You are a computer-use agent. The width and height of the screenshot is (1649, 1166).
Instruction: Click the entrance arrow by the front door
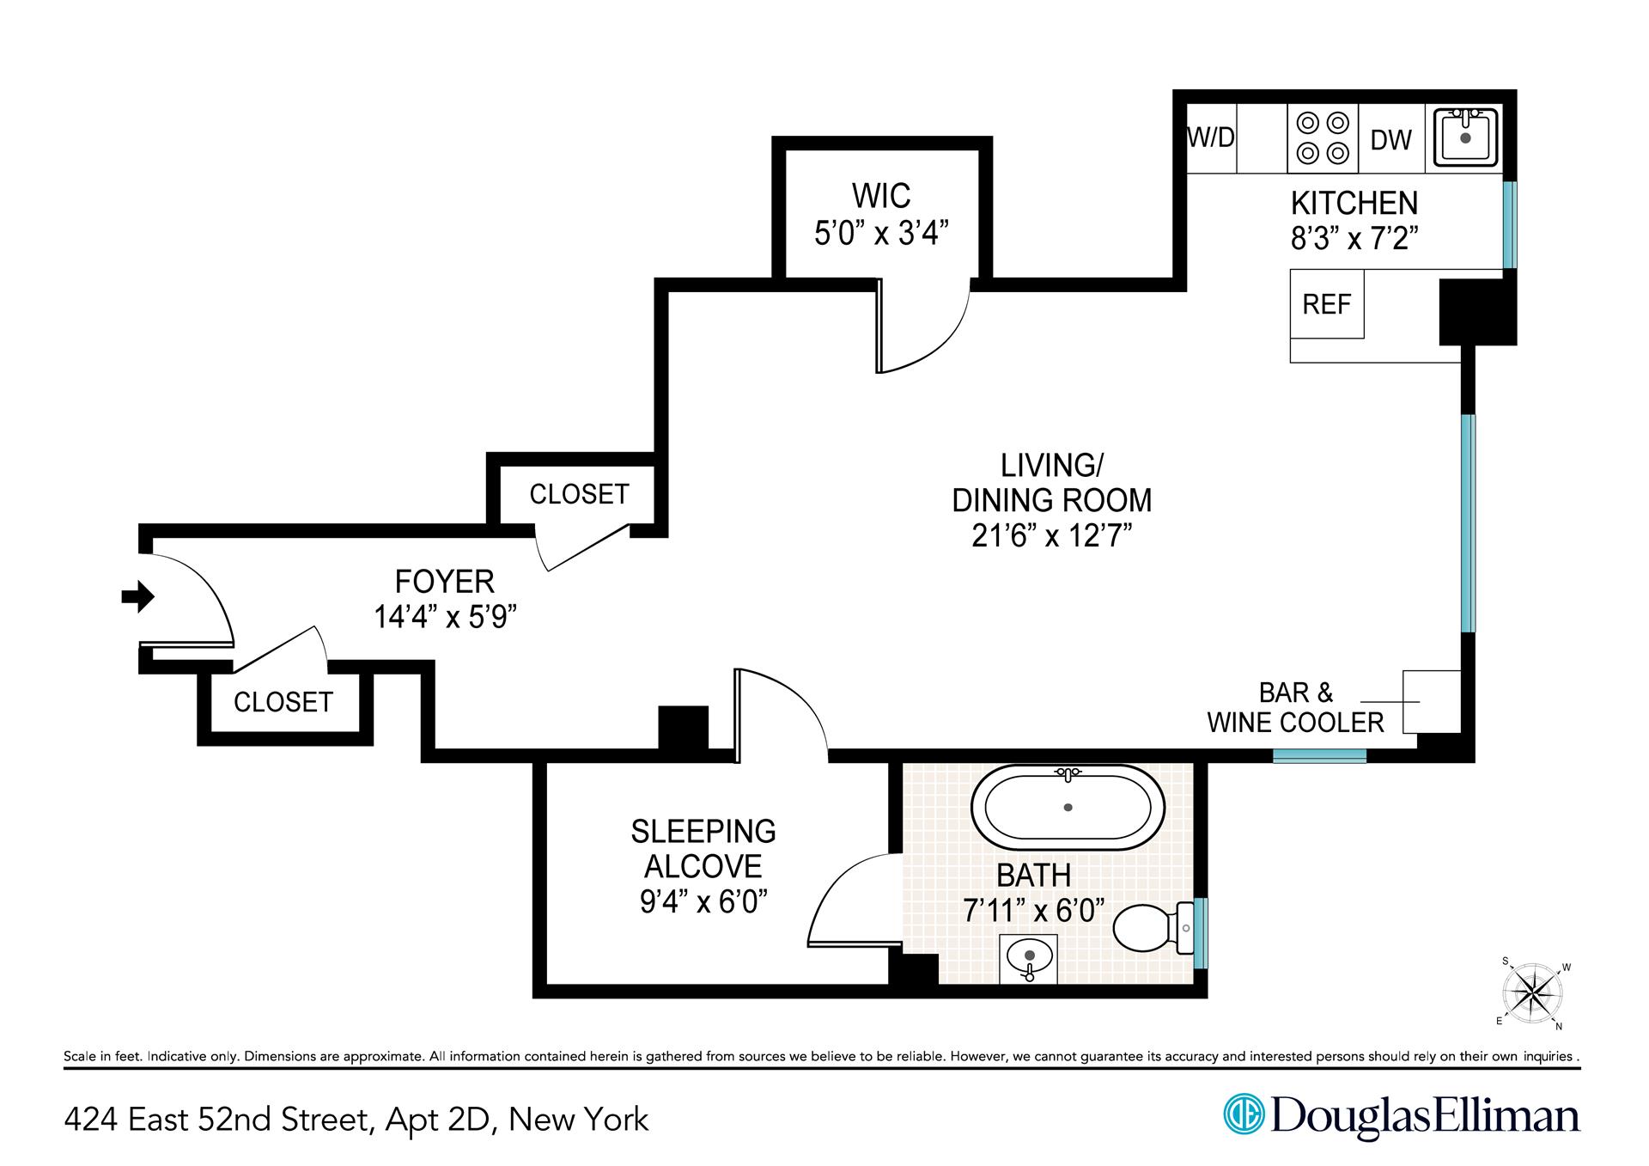click(137, 595)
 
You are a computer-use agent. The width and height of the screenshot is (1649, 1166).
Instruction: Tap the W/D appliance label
click(1211, 137)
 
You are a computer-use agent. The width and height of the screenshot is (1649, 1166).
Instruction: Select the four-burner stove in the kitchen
click(1323, 137)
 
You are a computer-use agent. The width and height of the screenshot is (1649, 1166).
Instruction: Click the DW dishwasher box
click(1391, 139)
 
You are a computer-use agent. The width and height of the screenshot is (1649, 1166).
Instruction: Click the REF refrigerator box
click(1327, 304)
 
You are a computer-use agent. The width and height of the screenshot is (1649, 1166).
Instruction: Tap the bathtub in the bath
click(1068, 808)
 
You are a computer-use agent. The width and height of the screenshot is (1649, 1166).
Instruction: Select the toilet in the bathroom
click(1151, 928)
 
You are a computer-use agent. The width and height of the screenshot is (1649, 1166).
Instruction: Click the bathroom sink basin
click(1030, 956)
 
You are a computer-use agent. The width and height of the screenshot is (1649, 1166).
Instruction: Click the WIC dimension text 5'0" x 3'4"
click(881, 233)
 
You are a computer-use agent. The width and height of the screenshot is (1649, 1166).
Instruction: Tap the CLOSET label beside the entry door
click(283, 702)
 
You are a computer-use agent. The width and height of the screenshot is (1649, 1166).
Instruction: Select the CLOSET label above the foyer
click(579, 494)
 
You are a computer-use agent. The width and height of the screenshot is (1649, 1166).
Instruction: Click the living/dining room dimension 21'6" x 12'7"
click(1051, 535)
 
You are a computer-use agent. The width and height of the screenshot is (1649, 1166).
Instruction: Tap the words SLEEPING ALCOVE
click(703, 848)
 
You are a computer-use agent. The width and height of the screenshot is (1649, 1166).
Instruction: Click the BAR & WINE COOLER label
click(1295, 707)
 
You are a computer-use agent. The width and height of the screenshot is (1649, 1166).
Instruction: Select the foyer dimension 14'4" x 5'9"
click(445, 616)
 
